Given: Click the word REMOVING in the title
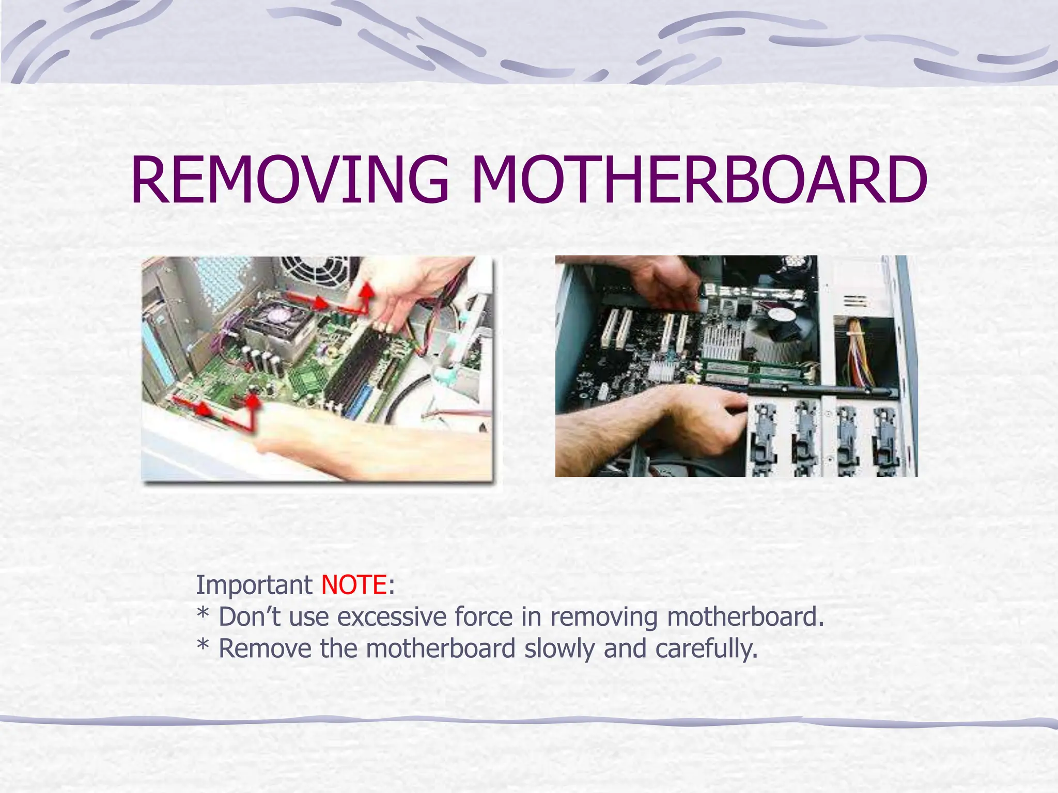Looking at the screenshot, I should [x=290, y=179].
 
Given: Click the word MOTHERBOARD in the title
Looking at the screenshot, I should [x=699, y=179].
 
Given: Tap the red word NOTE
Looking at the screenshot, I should [x=354, y=585].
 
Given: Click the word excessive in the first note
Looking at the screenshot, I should [x=392, y=617].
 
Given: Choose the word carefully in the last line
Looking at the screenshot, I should [x=706, y=649].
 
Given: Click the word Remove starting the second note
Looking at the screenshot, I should [x=264, y=649].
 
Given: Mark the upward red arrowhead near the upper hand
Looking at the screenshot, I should [x=367, y=290].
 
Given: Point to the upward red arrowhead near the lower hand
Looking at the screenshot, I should [x=253, y=401].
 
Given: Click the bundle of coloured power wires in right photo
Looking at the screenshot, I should [x=860, y=351].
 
